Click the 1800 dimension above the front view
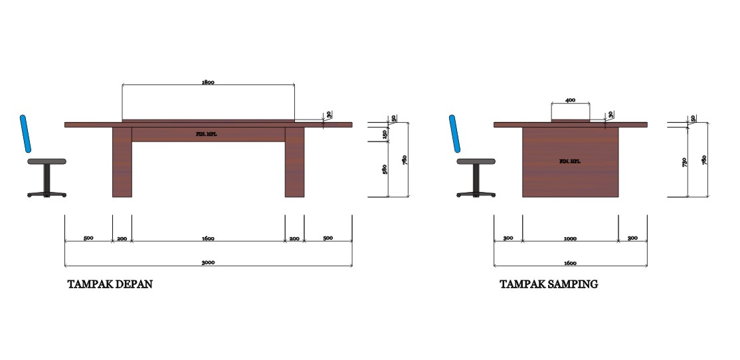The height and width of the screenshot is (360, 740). pyautogui.click(x=208, y=83)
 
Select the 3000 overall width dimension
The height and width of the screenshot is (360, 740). pyautogui.click(x=208, y=263)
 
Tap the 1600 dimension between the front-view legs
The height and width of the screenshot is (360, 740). pyautogui.click(x=208, y=238)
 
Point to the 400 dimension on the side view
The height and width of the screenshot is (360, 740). pyautogui.click(x=570, y=100)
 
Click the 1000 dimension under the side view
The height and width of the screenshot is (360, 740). pyautogui.click(x=570, y=238)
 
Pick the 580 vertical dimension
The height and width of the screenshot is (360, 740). pyautogui.click(x=385, y=169)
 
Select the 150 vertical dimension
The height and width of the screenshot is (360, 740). pyautogui.click(x=385, y=134)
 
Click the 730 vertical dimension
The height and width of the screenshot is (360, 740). pyautogui.click(x=684, y=162)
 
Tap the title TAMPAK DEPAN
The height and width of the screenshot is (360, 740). pyautogui.click(x=110, y=284)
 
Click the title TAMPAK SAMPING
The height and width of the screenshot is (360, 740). pyautogui.click(x=549, y=284)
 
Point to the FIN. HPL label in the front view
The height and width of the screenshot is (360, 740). pyautogui.click(x=207, y=134)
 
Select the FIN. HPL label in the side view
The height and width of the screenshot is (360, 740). pyautogui.click(x=569, y=161)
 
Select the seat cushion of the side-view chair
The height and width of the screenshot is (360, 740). pyautogui.click(x=476, y=161)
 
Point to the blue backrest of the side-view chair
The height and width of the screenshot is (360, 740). pyautogui.click(x=456, y=133)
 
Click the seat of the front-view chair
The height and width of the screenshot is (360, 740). pyautogui.click(x=46, y=161)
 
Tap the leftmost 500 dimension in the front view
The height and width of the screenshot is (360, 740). pyautogui.click(x=88, y=238)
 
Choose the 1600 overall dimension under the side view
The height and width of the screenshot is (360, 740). pyautogui.click(x=571, y=263)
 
